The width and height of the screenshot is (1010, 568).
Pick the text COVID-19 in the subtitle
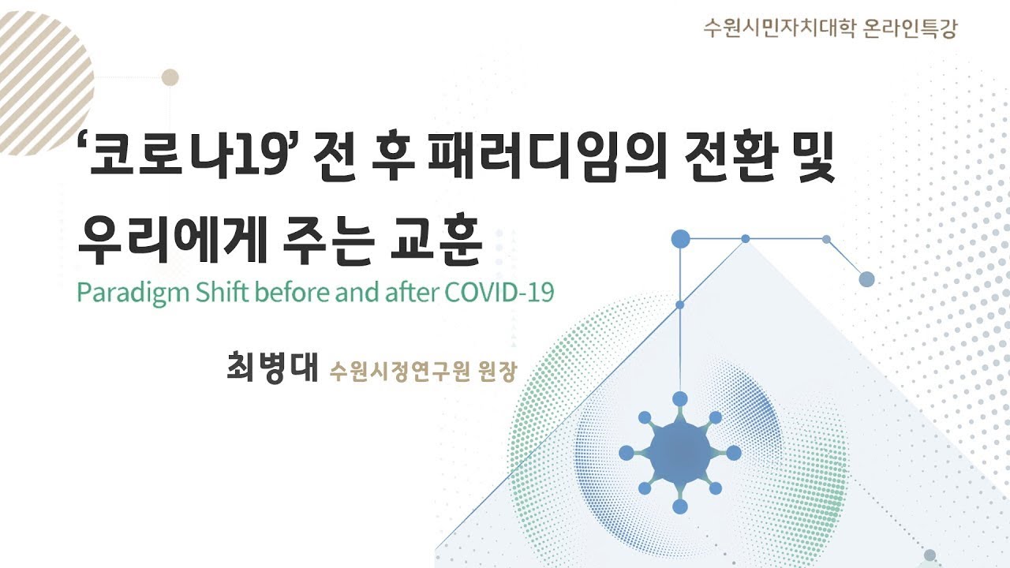pyautogui.click(x=499, y=292)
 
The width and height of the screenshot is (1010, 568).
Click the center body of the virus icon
pyautogui.click(x=679, y=453)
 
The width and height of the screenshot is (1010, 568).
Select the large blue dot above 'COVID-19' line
pyautogui.click(x=680, y=238)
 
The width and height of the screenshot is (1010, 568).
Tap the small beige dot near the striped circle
pyautogui.click(x=170, y=77)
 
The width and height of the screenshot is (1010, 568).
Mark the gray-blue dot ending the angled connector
pyautogui.click(x=866, y=278)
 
